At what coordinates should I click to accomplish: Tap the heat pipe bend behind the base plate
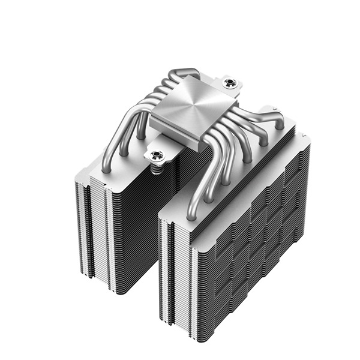point(180,75)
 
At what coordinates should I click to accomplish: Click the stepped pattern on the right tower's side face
point(258,240)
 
